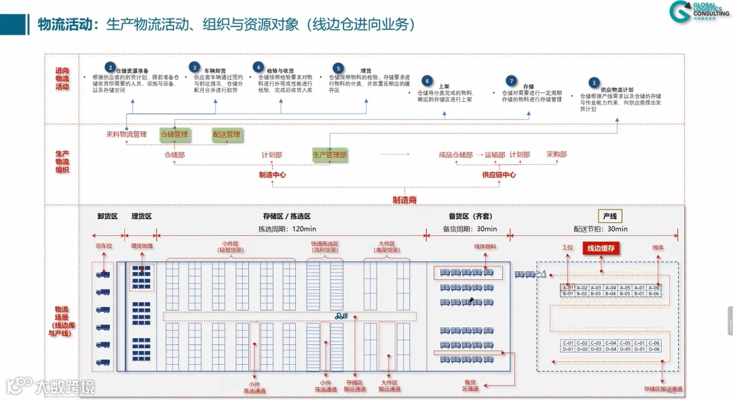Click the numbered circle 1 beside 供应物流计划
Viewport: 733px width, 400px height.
click(594, 83)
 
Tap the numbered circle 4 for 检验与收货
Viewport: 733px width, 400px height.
click(258, 67)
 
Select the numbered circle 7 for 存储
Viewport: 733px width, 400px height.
click(511, 81)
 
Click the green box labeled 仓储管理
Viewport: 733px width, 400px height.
click(174, 134)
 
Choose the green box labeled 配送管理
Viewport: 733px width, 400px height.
click(227, 134)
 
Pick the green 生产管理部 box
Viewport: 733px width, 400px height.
click(329, 155)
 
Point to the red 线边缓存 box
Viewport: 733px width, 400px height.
click(601, 248)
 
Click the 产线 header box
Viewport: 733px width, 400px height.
click(609, 216)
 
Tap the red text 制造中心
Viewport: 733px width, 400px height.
click(272, 175)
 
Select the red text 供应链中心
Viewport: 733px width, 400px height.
click(499, 175)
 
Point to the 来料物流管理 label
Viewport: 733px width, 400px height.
click(126, 134)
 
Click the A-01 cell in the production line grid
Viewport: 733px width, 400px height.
click(568, 287)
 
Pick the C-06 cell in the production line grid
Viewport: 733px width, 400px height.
click(654, 343)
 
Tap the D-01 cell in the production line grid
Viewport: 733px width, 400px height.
click(568, 349)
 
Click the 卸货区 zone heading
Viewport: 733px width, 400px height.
click(107, 216)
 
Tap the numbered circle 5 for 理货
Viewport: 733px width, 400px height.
click(338, 68)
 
